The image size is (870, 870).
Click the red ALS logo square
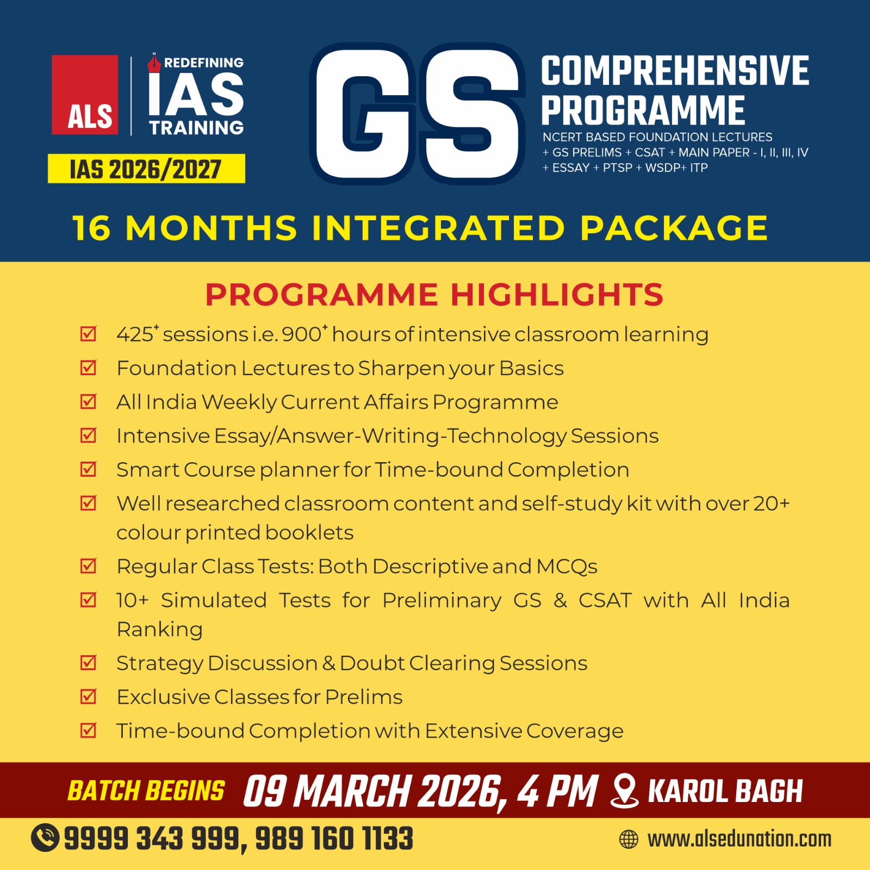(85, 95)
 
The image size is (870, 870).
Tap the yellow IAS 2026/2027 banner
(146, 169)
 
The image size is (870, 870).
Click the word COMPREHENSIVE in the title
(675, 71)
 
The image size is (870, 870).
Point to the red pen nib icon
(154, 63)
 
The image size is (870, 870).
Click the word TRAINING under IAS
(196, 128)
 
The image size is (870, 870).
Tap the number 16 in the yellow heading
(91, 228)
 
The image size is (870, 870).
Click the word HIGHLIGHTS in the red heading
(557, 295)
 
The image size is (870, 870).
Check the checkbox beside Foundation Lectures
(88, 368)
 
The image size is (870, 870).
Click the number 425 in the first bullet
(135, 334)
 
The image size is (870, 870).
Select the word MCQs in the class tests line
(567, 567)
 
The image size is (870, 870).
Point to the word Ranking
(160, 629)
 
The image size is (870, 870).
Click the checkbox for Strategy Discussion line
(88, 662)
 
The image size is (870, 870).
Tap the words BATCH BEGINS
(146, 791)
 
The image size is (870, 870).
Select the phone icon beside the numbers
(45, 837)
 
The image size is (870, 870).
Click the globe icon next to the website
(629, 839)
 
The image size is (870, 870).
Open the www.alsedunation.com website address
(739, 839)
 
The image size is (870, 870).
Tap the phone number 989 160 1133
(334, 838)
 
